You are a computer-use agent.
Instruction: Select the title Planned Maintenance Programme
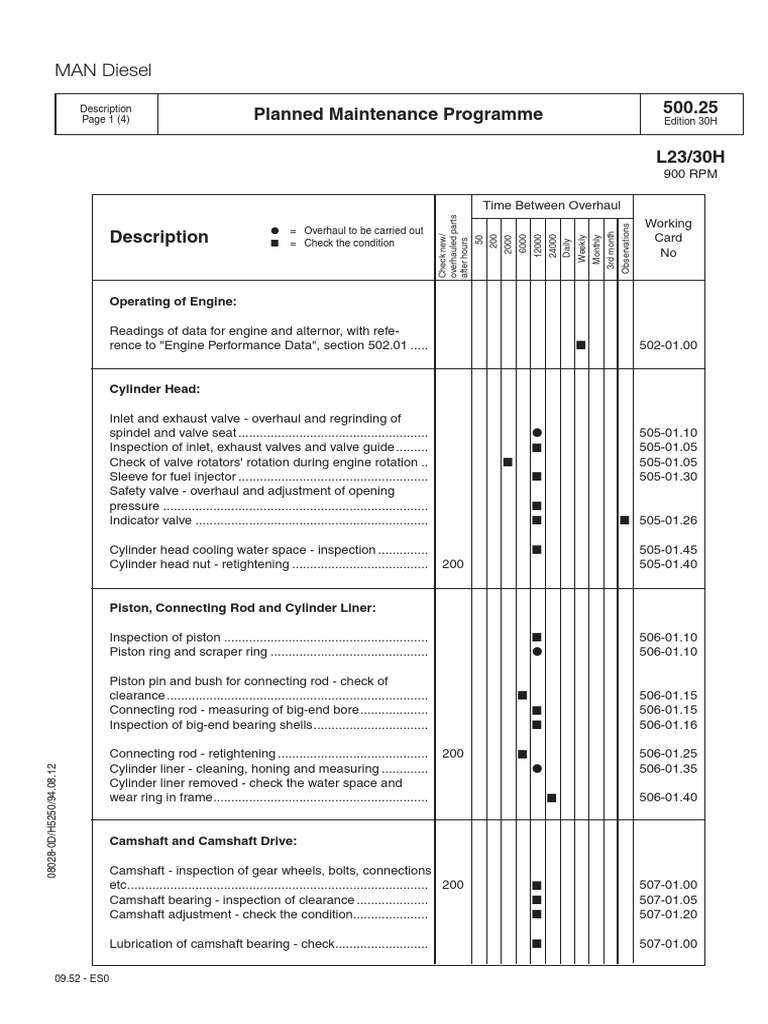(x=398, y=114)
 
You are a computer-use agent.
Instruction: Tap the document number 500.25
(x=690, y=107)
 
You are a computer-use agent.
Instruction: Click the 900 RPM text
(x=691, y=174)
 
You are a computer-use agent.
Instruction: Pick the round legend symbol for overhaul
(x=275, y=230)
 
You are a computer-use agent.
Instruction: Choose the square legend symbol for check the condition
(x=275, y=243)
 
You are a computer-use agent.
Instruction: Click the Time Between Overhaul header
(x=552, y=204)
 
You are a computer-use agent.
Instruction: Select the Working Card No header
(x=668, y=238)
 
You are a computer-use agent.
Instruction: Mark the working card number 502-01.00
(x=668, y=345)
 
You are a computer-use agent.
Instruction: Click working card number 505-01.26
(x=668, y=520)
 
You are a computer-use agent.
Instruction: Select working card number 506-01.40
(x=668, y=798)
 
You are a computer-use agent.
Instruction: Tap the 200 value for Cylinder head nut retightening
(x=452, y=564)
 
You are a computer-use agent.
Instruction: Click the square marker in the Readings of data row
(x=581, y=345)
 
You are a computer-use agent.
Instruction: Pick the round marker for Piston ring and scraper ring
(x=537, y=651)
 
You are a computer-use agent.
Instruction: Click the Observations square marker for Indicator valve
(x=625, y=520)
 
